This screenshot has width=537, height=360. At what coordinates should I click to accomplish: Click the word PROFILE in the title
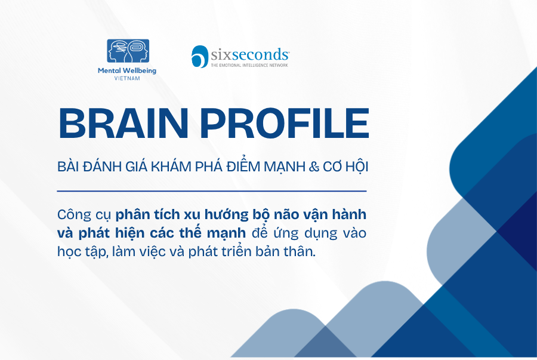[285, 124]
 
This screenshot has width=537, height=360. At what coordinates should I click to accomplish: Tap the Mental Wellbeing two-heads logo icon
[128, 51]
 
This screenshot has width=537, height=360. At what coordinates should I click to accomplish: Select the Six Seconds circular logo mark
[200, 57]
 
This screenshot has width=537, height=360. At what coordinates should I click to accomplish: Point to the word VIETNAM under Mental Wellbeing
[127, 78]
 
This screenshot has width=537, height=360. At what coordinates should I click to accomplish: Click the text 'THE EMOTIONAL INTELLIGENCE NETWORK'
[249, 65]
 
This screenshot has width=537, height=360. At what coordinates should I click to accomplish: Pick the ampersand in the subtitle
[314, 167]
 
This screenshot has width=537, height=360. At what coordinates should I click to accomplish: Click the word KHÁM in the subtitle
[171, 166]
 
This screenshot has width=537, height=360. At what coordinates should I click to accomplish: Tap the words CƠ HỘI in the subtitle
[345, 166]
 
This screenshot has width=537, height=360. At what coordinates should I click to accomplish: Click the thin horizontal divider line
[212, 191]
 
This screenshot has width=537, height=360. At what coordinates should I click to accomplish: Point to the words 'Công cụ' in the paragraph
[84, 215]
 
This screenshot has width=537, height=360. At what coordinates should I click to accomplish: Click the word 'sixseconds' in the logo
[249, 54]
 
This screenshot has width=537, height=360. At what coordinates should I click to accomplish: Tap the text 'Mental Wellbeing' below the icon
[127, 71]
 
